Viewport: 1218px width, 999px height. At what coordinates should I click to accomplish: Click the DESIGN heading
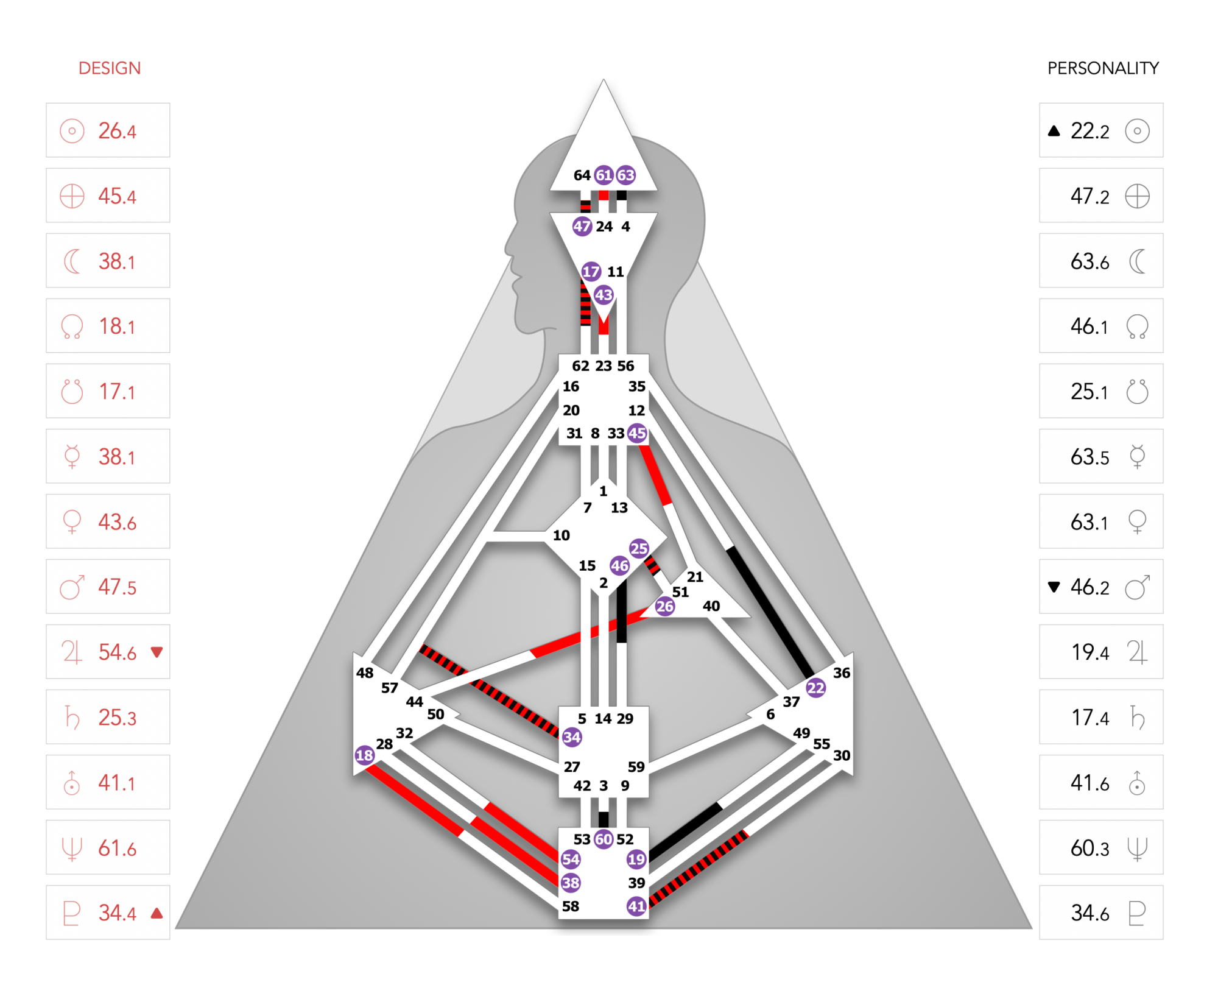(x=110, y=68)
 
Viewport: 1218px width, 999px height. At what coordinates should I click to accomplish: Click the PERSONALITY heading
(x=1103, y=68)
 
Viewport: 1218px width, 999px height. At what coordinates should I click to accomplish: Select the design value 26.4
(x=118, y=130)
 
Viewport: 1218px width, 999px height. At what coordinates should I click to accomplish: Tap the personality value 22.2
(x=1090, y=130)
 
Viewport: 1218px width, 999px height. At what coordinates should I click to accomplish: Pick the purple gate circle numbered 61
(x=604, y=175)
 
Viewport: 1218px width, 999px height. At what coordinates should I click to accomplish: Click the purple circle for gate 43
(x=604, y=295)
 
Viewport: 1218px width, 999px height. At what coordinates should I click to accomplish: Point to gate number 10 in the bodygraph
(x=561, y=535)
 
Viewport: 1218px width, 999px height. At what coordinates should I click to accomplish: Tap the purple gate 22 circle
(x=815, y=688)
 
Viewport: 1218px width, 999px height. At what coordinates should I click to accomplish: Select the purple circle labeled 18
(x=364, y=755)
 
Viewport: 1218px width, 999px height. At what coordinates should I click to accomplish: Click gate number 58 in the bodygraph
(x=571, y=906)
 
